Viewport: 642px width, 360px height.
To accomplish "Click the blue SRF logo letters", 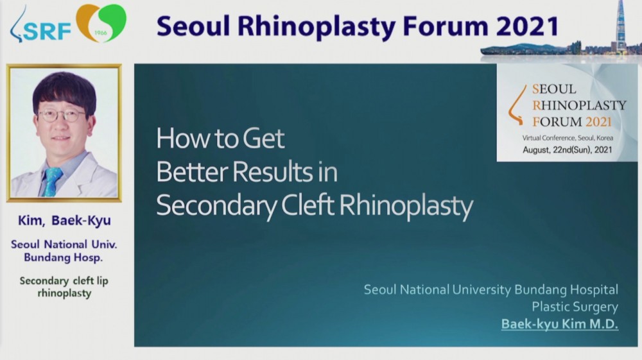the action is coord(47,31).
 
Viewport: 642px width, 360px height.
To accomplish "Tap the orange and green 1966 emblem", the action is coord(101,23).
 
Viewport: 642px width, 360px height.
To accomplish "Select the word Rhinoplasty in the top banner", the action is coord(317,27).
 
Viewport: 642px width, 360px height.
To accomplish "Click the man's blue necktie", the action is coord(51,181).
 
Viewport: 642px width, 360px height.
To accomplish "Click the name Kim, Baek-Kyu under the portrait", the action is coord(64,221).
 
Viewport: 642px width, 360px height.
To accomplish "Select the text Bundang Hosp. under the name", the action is coord(64,258).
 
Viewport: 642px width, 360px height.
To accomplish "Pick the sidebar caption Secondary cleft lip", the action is coord(64,280).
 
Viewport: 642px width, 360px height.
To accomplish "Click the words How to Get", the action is coord(220,138).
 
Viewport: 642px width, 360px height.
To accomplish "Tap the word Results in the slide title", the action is coord(273,171).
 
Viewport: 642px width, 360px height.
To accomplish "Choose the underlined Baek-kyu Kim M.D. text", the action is coord(560,324).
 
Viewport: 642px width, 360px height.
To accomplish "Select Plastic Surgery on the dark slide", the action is coord(575,307).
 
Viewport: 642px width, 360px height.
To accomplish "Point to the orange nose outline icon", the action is coord(517,105).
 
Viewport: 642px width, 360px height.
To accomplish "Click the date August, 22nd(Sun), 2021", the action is coord(567,150).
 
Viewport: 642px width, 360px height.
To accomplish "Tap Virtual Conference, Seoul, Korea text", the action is coord(568,138).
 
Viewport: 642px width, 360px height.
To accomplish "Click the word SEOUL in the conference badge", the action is coord(554,89).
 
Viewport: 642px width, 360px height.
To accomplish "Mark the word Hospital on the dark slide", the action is coord(594,290).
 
